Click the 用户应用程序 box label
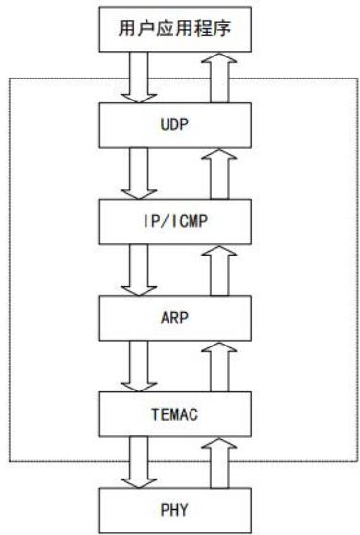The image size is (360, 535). click(x=174, y=29)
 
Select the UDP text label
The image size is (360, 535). click(x=174, y=124)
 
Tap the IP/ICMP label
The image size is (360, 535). click(x=175, y=221)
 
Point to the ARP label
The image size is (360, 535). click(x=174, y=318)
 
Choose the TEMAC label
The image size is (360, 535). click(x=174, y=414)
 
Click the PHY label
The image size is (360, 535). click(x=174, y=510)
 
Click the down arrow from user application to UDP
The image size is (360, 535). click(x=139, y=78)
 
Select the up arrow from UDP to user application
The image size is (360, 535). click(x=219, y=78)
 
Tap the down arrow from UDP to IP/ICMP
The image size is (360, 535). click(x=139, y=173)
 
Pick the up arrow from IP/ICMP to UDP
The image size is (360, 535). click(x=219, y=174)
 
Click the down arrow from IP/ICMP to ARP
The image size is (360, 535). click(x=139, y=270)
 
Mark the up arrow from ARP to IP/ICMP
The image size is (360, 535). click(x=219, y=271)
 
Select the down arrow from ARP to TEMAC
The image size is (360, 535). click(x=139, y=367)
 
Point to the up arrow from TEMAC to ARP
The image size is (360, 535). click(x=219, y=368)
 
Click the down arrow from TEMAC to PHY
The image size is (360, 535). click(x=139, y=463)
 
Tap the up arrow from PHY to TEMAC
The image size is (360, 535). click(x=219, y=463)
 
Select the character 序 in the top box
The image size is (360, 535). click(x=222, y=29)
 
